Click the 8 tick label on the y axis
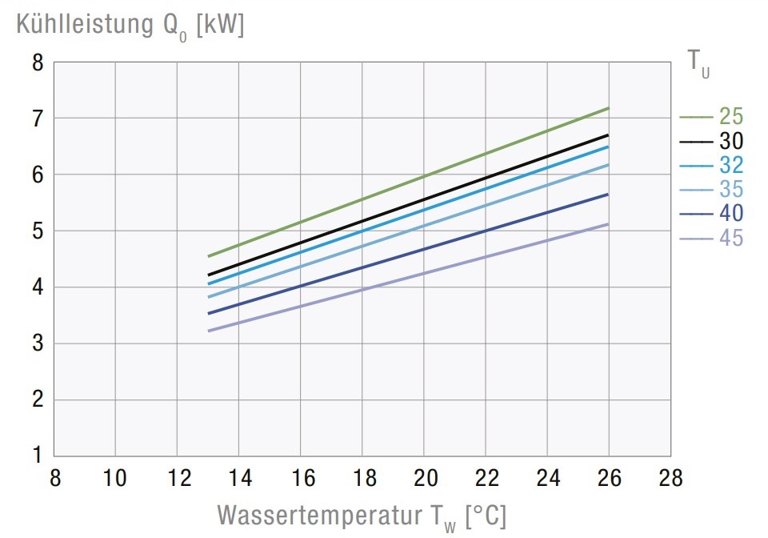pos(37,62)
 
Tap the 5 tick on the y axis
pos(37,231)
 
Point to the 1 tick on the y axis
pos(37,456)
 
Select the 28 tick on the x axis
pos(670,479)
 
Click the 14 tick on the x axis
pos(239,479)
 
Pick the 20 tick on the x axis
pos(424,479)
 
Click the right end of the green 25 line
pos(609,108)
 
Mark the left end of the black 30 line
pos(209,275)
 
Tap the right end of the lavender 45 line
pos(609,224)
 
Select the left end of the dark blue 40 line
pos(209,313)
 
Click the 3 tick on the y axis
pos(37,343)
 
